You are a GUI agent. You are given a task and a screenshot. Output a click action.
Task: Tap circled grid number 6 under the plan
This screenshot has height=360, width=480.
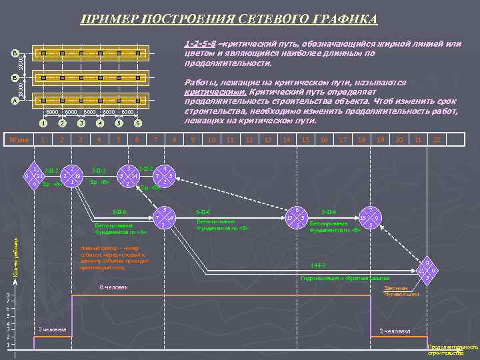(x=137, y=123)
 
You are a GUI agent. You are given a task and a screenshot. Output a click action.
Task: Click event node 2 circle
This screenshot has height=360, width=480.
(x=72, y=176)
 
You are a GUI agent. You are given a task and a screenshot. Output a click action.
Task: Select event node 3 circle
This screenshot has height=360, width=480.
(x=129, y=175)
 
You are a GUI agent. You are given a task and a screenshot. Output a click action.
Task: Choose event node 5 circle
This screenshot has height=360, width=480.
(x=164, y=218)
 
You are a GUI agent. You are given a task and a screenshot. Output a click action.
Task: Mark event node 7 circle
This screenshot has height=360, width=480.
(x=371, y=218)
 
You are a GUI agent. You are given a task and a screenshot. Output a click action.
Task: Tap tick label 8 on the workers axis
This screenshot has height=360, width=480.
(x=7, y=295)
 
